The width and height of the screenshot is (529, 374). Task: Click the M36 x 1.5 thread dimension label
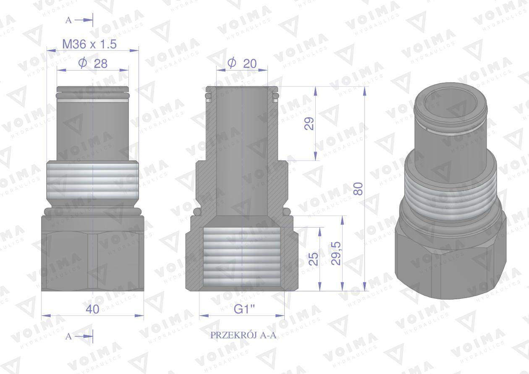(x=89, y=44)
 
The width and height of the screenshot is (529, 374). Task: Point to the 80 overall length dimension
(x=358, y=189)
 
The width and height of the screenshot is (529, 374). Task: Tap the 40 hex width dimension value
(x=92, y=309)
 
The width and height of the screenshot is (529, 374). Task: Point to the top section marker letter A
(x=69, y=20)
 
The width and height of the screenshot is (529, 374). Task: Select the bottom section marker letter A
(x=69, y=336)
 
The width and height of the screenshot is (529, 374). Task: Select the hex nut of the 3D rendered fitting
(x=449, y=260)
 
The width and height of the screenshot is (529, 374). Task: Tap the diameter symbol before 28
(x=82, y=63)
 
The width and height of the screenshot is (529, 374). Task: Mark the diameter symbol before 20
(x=231, y=63)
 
